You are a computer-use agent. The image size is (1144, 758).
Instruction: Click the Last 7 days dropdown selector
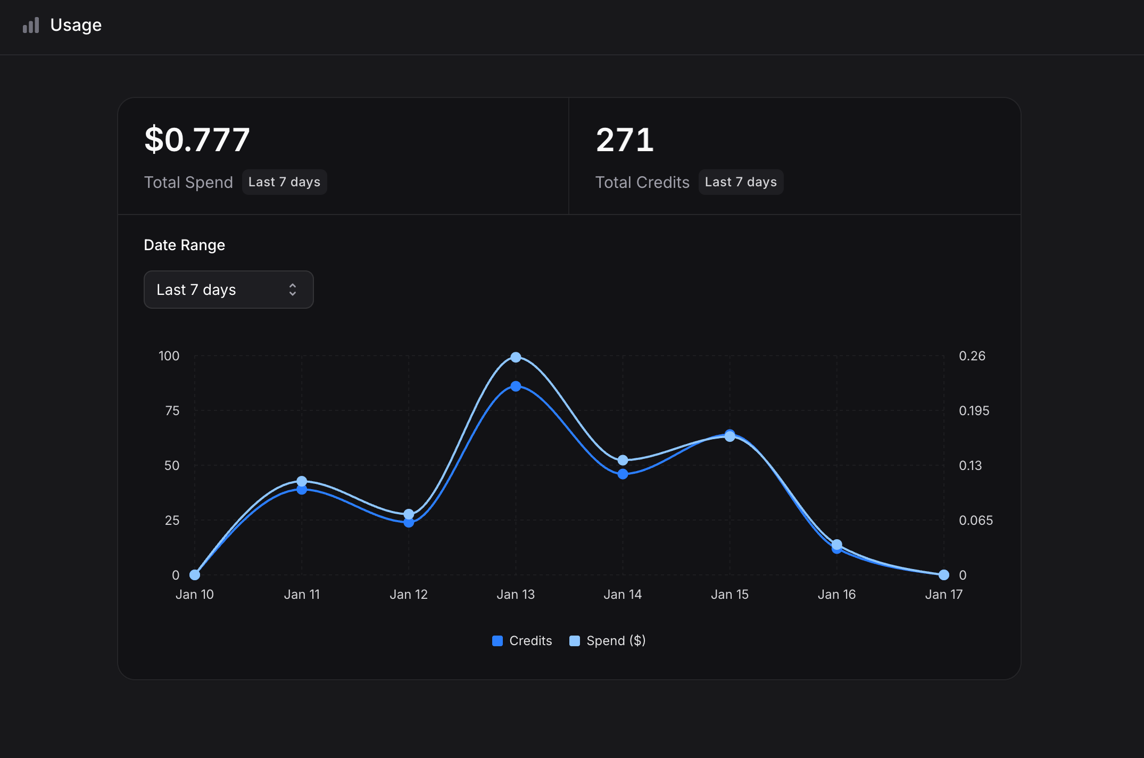228,290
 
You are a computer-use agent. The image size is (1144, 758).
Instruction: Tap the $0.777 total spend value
197,139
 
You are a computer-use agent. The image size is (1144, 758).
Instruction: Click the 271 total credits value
625,139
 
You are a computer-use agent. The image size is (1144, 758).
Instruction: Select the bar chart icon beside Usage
31,25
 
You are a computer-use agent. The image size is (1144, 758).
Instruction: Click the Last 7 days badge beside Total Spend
284,182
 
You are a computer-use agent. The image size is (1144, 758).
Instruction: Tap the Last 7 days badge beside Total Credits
740,182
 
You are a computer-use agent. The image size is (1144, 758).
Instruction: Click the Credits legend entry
523,640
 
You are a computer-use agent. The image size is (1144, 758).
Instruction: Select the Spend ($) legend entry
608,640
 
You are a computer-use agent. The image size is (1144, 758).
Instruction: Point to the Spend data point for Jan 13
516,357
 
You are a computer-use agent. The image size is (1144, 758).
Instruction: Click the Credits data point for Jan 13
516,386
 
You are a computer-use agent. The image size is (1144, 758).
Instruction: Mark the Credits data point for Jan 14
623,474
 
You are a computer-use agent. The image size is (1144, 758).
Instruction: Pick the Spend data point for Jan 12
409,514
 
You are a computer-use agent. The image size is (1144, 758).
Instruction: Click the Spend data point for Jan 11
302,481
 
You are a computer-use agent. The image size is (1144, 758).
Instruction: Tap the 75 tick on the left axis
172,410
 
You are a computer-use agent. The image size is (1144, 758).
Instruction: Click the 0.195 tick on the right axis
974,410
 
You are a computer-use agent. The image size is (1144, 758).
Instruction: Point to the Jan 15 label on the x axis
729,594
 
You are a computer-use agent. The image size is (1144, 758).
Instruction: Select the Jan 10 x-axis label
195,594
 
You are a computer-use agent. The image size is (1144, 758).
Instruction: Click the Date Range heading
184,245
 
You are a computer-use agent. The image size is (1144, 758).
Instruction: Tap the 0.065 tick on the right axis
975,520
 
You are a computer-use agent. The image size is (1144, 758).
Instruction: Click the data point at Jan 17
943,575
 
